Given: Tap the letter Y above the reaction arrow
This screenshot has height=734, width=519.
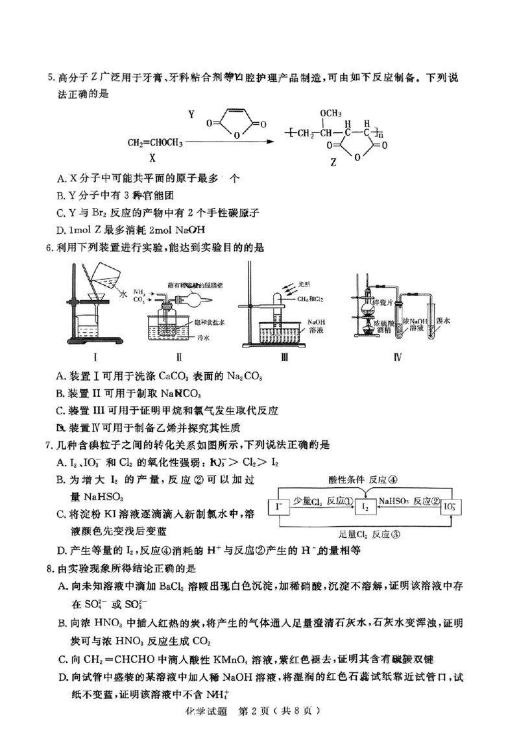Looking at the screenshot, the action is click(x=191, y=115).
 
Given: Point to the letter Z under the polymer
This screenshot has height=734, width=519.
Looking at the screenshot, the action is click(x=333, y=163).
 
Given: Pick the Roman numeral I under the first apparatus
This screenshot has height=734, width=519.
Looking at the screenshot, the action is click(x=95, y=357).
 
